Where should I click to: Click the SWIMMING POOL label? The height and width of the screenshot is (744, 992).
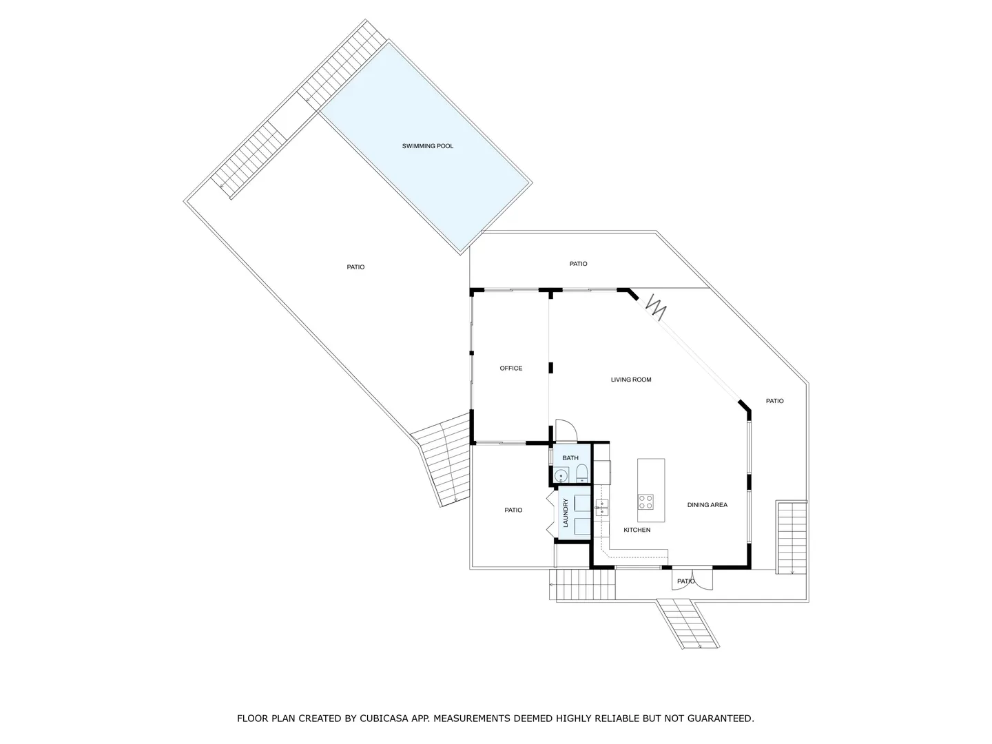(427, 146)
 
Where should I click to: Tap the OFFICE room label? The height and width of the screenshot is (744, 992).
(510, 368)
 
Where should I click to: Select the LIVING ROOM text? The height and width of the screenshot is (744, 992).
(631, 380)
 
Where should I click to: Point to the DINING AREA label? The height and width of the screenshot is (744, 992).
(707, 504)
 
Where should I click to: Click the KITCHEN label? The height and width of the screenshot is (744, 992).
(637, 530)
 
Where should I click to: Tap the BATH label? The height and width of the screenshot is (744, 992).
(570, 457)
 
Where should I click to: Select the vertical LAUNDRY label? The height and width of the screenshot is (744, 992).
(566, 513)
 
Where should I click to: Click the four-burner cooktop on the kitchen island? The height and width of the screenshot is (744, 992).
(645, 502)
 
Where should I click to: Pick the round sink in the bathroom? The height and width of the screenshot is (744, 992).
(561, 475)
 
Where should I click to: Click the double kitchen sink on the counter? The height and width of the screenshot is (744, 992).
(601, 507)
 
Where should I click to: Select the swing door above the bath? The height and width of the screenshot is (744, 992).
(566, 431)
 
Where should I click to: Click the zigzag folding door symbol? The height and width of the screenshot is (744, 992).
(657, 307)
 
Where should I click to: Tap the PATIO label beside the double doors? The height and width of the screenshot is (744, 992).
(685, 581)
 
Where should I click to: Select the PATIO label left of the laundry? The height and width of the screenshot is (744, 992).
(513, 510)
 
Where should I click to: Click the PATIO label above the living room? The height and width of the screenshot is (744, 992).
(578, 264)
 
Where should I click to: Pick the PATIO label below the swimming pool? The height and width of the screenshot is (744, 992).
(355, 267)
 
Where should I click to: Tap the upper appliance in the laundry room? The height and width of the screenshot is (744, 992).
(582, 503)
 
